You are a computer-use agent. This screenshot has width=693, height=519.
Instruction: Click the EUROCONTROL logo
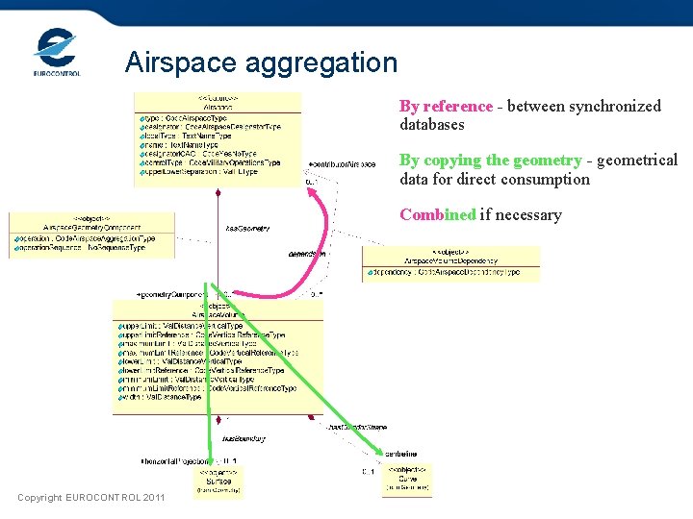pyautogui.click(x=56, y=52)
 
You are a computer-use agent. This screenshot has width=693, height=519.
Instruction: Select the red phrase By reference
pyautogui.click(x=446, y=106)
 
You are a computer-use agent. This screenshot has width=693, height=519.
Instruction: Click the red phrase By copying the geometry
pyautogui.click(x=490, y=161)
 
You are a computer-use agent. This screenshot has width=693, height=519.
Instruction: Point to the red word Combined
pyautogui.click(x=438, y=214)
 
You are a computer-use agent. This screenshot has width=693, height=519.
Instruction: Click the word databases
pyautogui.click(x=431, y=124)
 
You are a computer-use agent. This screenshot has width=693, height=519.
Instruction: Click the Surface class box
pyautogui.click(x=219, y=481)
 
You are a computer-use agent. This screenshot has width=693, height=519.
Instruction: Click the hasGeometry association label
pyautogui.click(x=246, y=229)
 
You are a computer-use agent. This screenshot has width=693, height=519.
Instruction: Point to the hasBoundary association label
pyautogui.click(x=244, y=439)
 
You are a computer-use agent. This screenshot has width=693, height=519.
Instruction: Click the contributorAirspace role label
pyautogui.click(x=342, y=164)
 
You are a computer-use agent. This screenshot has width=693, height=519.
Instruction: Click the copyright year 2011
pyautogui.click(x=154, y=498)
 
